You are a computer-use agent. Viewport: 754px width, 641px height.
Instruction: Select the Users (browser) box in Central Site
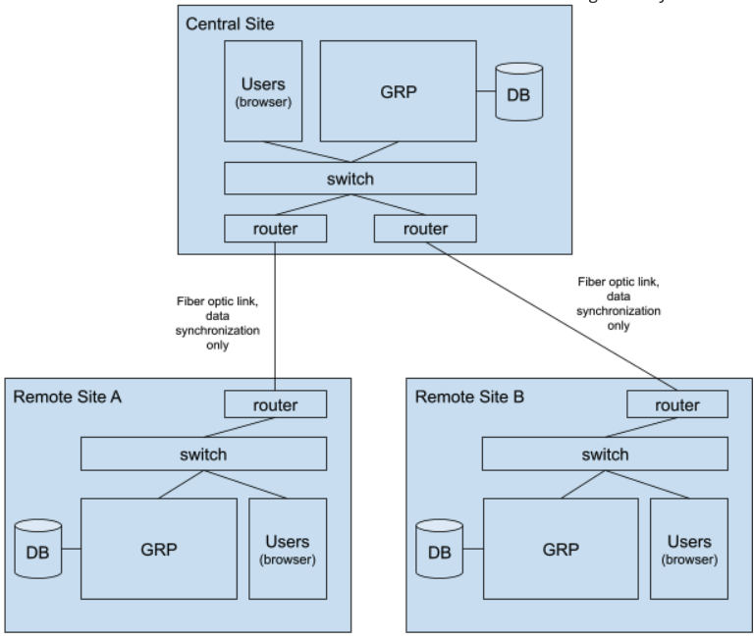click(x=263, y=90)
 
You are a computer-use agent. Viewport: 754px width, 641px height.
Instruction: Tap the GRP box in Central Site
click(x=399, y=90)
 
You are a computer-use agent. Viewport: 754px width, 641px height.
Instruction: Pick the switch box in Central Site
click(x=350, y=179)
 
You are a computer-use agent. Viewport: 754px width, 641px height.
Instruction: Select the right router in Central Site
click(x=425, y=229)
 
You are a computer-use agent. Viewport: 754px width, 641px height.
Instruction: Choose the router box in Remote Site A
click(x=276, y=403)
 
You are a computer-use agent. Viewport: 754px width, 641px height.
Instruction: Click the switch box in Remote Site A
click(x=203, y=454)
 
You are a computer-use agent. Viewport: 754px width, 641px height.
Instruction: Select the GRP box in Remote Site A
click(x=158, y=549)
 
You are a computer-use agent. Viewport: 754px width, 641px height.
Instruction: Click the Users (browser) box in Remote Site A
click(x=288, y=549)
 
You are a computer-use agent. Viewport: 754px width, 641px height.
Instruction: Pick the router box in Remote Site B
click(x=677, y=403)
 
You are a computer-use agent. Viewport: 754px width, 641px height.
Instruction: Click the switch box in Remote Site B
click(x=604, y=454)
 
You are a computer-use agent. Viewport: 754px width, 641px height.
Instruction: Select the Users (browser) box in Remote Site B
click(x=688, y=549)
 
